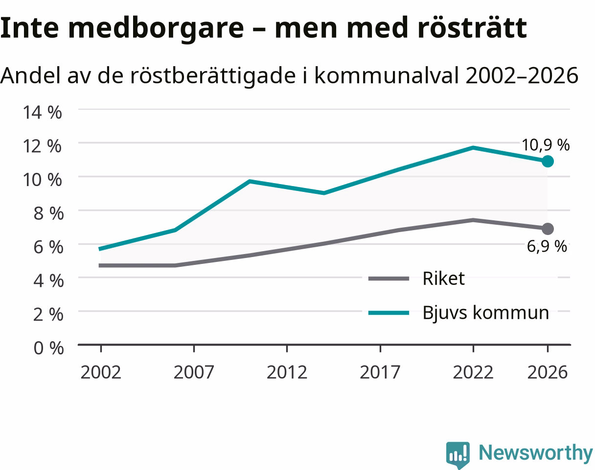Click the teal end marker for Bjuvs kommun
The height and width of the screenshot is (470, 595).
(x=548, y=161)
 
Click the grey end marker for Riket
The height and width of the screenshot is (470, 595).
(x=548, y=229)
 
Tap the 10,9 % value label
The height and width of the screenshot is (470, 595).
(x=546, y=145)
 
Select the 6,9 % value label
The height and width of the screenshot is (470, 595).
(x=547, y=246)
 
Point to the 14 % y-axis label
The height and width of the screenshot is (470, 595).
(x=42, y=112)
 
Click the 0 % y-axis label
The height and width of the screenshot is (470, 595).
(x=48, y=348)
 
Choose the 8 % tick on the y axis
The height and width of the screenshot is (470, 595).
(x=48, y=213)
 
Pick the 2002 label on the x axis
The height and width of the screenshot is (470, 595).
(x=101, y=372)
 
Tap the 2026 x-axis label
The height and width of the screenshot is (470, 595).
(x=547, y=372)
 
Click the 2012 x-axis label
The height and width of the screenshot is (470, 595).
(x=287, y=372)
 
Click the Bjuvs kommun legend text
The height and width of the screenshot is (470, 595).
(x=486, y=313)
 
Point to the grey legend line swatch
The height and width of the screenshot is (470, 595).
(x=389, y=279)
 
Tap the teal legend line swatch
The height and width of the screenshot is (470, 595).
(x=389, y=313)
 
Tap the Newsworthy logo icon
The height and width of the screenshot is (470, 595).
(x=458, y=454)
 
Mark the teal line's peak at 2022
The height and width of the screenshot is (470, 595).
(x=473, y=148)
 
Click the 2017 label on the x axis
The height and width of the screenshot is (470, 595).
(x=380, y=372)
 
